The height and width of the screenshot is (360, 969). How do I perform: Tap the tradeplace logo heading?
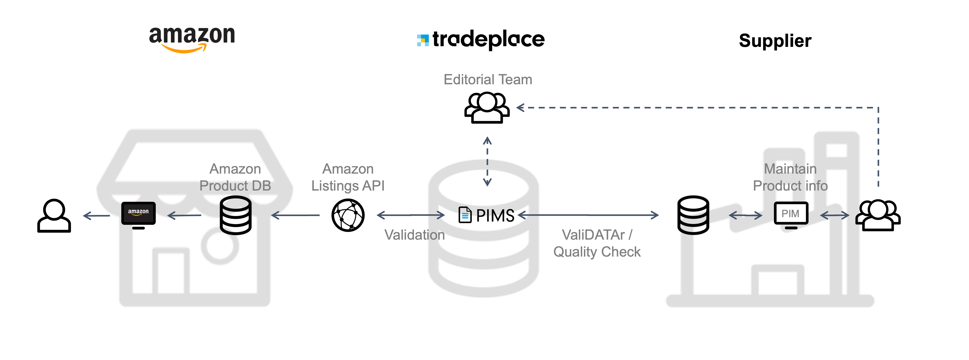[x=481, y=39]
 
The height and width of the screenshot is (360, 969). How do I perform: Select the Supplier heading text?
[x=775, y=41]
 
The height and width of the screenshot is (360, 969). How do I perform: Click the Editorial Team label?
[x=488, y=80]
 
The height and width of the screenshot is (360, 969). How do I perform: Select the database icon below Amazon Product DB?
[x=235, y=215]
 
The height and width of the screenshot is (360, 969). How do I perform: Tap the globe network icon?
[x=348, y=215]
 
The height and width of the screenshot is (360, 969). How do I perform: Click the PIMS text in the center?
[x=495, y=216]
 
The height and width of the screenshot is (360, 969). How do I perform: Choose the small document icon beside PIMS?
[x=465, y=215]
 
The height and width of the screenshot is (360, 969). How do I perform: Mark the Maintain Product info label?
[x=790, y=177]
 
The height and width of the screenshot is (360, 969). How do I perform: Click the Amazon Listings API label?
[x=348, y=177]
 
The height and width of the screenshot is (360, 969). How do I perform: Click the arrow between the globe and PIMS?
[x=411, y=215]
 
